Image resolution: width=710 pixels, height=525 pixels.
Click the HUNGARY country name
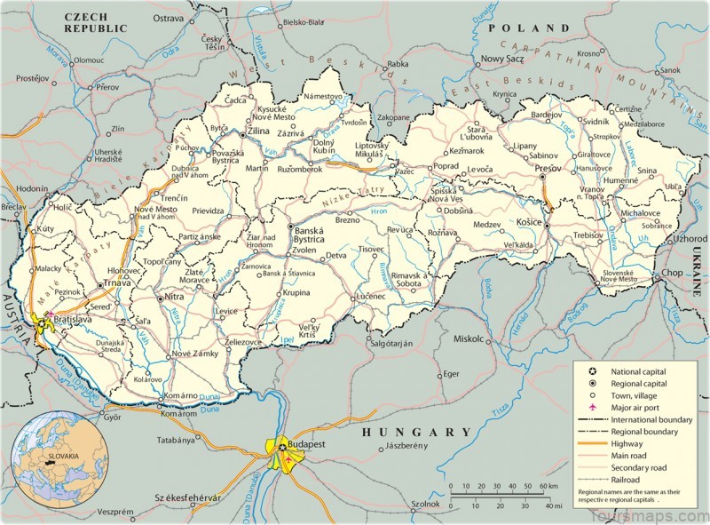[x=416, y=432]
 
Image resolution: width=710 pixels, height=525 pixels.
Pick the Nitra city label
[x=174, y=298]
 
